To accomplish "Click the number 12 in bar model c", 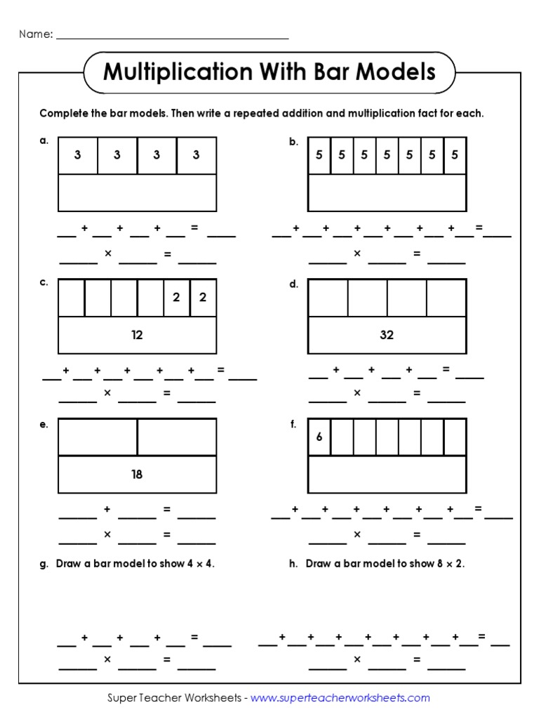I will (x=137, y=335).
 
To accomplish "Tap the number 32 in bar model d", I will (x=387, y=335).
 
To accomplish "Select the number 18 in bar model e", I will (x=137, y=474).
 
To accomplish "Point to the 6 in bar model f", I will (x=319, y=437).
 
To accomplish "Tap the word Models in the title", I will (x=397, y=72).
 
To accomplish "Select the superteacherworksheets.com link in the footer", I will (x=340, y=698).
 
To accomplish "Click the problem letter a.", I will (x=44, y=140).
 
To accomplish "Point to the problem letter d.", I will (x=293, y=284).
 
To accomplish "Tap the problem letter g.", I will (x=44, y=564).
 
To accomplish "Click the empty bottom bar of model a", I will (x=137, y=192).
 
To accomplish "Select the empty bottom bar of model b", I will (x=387, y=192).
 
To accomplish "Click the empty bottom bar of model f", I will (x=387, y=474).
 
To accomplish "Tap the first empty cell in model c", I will (x=71, y=298).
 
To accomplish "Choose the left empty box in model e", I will (x=98, y=437).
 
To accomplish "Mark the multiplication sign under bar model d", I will (x=357, y=393).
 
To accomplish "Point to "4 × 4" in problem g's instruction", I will (x=199, y=564).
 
